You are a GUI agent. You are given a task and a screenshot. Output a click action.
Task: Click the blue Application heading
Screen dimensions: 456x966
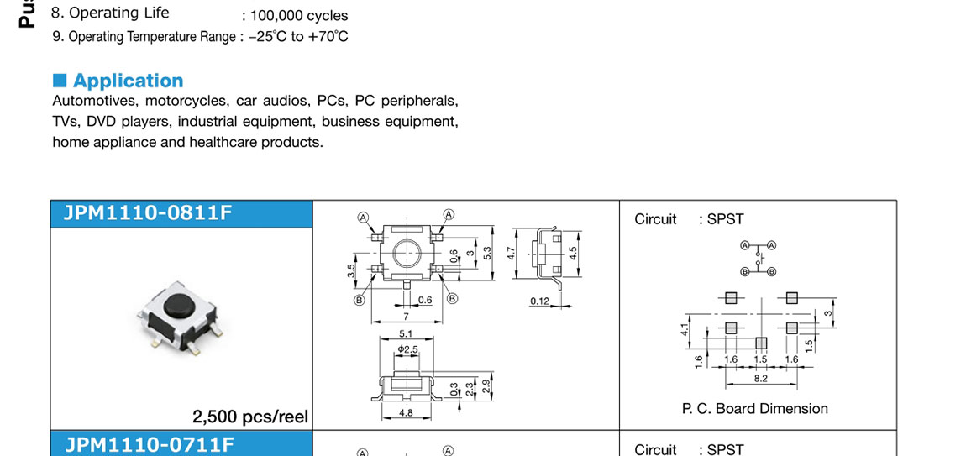click(x=128, y=81)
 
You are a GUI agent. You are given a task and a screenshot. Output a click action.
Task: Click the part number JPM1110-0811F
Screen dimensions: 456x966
click(x=148, y=213)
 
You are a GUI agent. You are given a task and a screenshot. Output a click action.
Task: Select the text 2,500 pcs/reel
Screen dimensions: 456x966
click(x=250, y=417)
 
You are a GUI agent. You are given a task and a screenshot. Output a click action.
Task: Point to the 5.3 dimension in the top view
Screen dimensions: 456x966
click(x=488, y=253)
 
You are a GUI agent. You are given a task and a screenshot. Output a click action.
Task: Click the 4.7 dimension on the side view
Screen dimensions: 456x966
click(x=511, y=251)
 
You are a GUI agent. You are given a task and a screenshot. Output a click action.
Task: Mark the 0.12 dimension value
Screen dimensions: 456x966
click(x=539, y=301)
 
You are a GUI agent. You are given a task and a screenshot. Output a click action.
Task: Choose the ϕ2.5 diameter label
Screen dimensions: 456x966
click(x=407, y=349)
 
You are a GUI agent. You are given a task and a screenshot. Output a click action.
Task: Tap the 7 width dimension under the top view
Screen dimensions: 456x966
click(x=406, y=316)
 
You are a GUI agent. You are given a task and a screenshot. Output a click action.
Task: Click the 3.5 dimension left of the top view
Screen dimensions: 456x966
click(x=352, y=270)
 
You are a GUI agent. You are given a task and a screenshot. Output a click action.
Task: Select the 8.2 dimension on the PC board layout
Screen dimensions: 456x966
click(x=760, y=379)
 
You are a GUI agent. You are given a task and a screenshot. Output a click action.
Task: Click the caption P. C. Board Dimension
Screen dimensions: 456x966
click(x=754, y=409)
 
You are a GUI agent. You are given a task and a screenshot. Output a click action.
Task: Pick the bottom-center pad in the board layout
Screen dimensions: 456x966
click(x=761, y=342)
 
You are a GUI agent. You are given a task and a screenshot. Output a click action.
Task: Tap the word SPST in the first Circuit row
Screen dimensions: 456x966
click(x=725, y=219)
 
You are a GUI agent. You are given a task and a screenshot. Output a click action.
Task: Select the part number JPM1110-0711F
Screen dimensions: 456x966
click(x=149, y=444)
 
